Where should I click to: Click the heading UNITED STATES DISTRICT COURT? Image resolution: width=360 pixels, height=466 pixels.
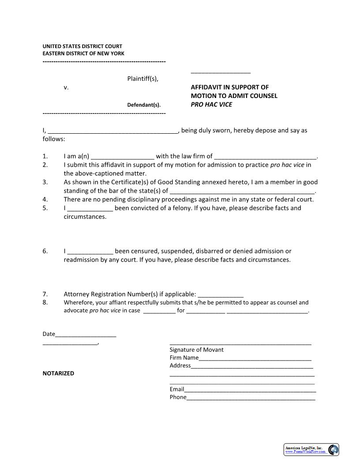pos(82,46)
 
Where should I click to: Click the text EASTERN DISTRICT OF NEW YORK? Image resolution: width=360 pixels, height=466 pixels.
pos(83,53)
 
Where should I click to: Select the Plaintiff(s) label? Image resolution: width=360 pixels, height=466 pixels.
pos(142,79)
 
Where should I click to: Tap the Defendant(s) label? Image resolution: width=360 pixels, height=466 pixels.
pos(144,105)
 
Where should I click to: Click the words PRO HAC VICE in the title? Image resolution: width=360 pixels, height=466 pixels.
pos(211,105)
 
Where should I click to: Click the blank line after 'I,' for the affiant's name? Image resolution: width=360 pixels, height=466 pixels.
pos(112,131)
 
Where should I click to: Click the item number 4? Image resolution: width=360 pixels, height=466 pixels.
pos(45,199)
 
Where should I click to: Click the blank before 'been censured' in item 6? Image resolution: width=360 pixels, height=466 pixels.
pos(90,252)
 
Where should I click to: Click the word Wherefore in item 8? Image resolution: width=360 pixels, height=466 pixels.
pos(79,303)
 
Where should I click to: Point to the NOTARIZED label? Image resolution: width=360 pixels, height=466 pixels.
pos(58,373)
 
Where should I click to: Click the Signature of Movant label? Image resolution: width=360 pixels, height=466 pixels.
pos(196,350)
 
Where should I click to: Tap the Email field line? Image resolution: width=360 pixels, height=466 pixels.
pos(250,390)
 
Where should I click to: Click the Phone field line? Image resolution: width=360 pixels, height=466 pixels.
pos(251,398)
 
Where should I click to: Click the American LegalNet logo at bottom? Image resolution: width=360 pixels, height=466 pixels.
pos(311,450)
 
